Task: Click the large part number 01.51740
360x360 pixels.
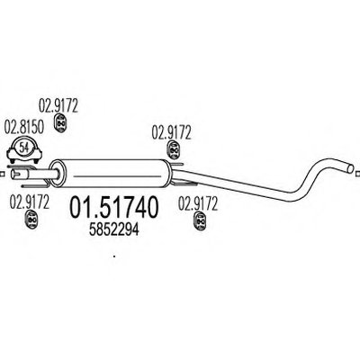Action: (x=113, y=207)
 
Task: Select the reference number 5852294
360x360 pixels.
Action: (x=114, y=230)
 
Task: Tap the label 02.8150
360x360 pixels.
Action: (x=23, y=127)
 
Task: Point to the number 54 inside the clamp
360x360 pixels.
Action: (x=24, y=147)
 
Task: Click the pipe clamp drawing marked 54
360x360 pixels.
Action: (x=24, y=150)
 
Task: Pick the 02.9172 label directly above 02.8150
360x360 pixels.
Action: (x=58, y=105)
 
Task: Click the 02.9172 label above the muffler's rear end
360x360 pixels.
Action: (x=171, y=132)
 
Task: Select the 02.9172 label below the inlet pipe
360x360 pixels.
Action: (x=30, y=202)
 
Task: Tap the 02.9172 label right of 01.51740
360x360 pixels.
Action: (x=198, y=203)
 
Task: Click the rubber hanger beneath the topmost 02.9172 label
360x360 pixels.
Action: (x=60, y=122)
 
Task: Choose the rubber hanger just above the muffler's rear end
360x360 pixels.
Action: (x=173, y=149)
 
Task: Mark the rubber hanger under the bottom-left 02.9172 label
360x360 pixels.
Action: (x=31, y=220)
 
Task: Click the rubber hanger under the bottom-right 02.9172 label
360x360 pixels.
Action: (x=200, y=220)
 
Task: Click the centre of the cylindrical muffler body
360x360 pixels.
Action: (x=111, y=174)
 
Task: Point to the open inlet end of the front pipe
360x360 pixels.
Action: (x=13, y=174)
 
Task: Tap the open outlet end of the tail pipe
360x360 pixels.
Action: (x=350, y=167)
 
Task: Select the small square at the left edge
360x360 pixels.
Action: (x=1, y=174)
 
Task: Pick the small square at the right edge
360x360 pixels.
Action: (x=357, y=174)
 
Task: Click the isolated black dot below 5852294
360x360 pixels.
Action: (x=114, y=256)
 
